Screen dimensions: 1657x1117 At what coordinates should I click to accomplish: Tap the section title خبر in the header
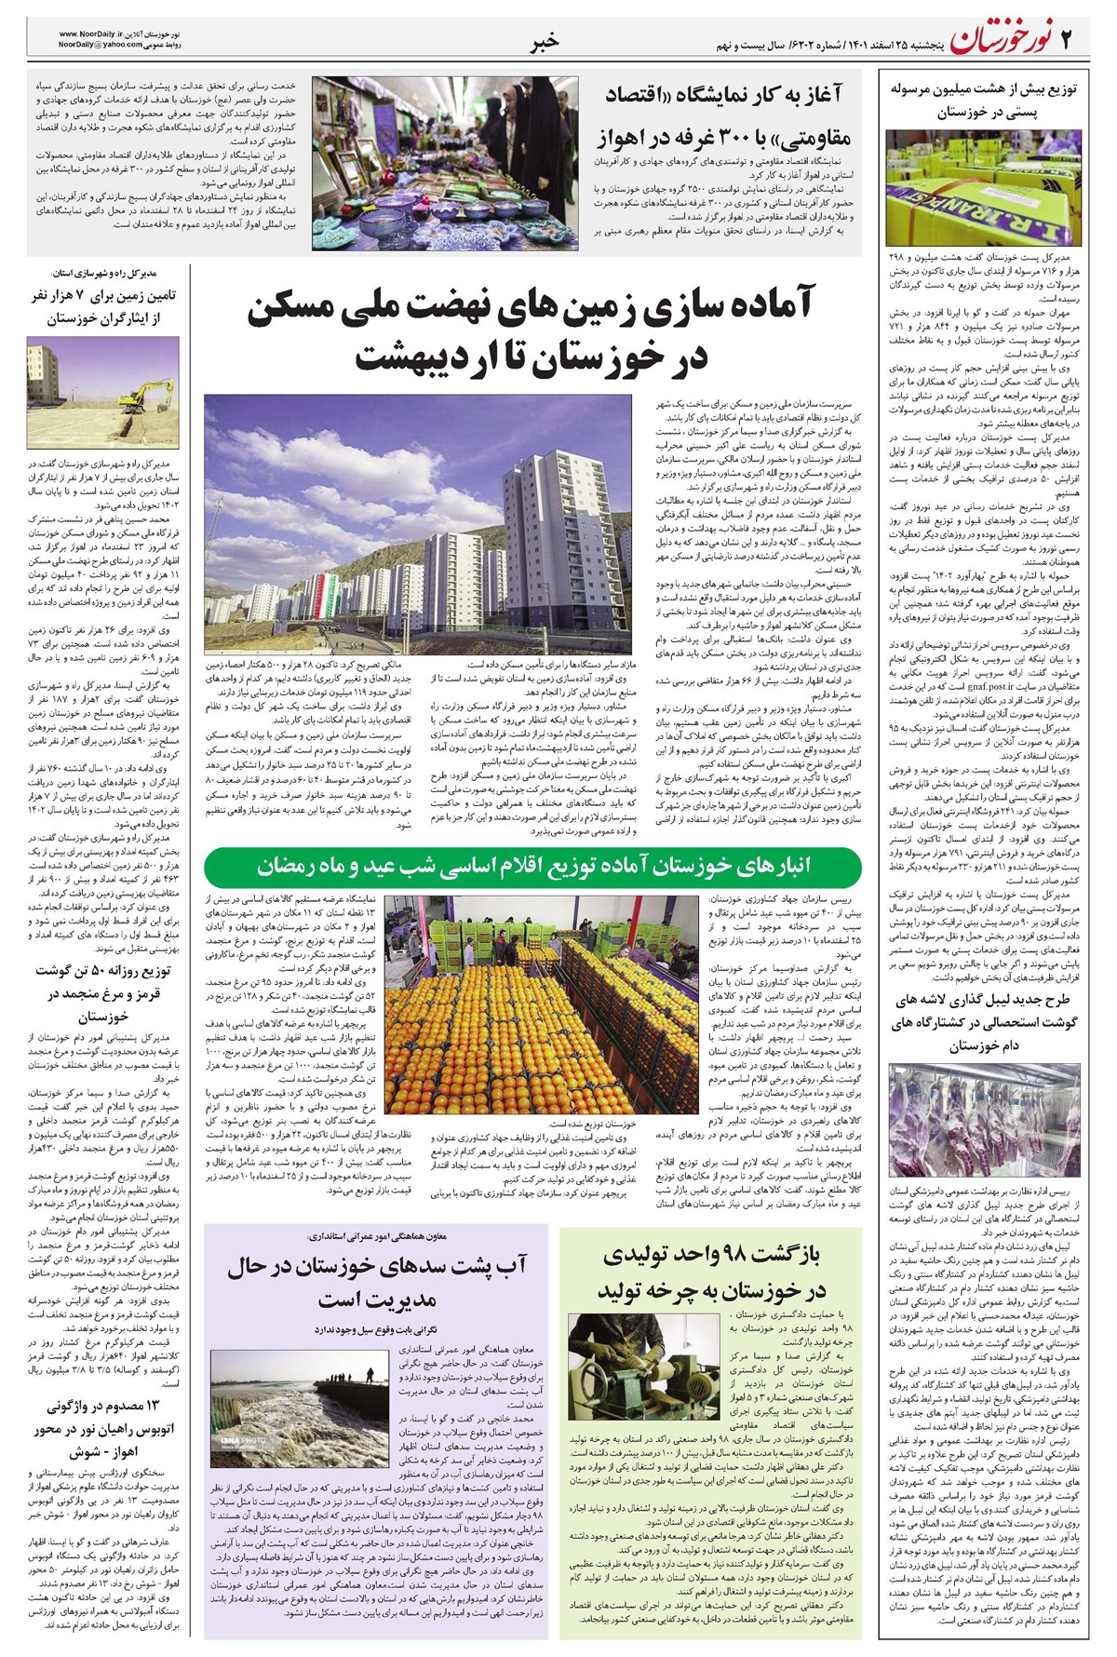pyautogui.click(x=545, y=41)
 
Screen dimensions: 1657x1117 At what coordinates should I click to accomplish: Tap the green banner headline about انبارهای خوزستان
pyautogui.click(x=533, y=866)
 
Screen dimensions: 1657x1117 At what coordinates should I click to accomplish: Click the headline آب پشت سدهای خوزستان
pyautogui.click(x=377, y=1282)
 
